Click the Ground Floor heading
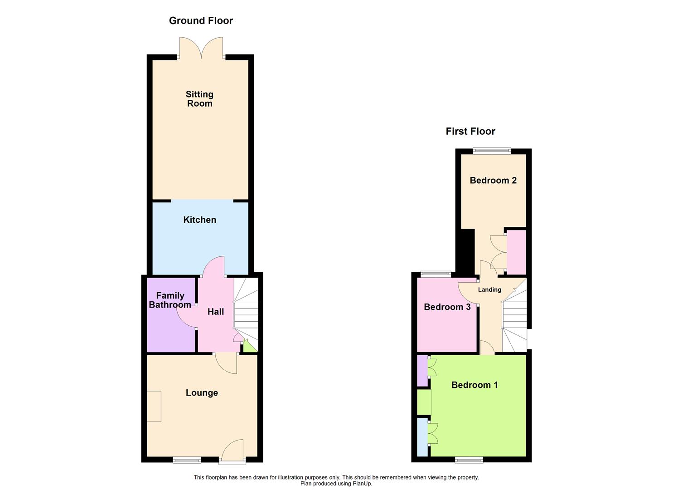(x=201, y=21)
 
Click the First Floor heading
(x=470, y=132)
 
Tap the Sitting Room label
(x=199, y=99)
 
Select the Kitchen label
(x=199, y=220)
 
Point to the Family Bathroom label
(x=170, y=300)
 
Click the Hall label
(x=216, y=312)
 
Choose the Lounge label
(x=202, y=393)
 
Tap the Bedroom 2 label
(x=493, y=181)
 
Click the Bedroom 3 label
(x=447, y=307)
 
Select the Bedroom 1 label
(x=474, y=385)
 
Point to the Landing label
(x=489, y=290)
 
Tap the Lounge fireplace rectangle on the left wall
(x=154, y=406)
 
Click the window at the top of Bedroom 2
(x=492, y=151)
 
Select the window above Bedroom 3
(x=436, y=274)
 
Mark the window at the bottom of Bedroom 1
(x=469, y=460)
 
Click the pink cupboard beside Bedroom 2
(x=516, y=252)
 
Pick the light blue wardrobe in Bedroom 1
(x=422, y=437)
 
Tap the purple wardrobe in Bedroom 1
(x=421, y=371)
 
